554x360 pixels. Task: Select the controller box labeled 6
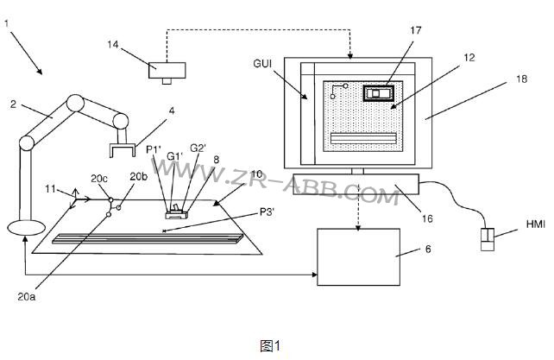pyautogui.click(x=359, y=256)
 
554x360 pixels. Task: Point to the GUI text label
pyautogui.click(x=265, y=64)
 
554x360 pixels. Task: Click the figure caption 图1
pyautogui.click(x=270, y=345)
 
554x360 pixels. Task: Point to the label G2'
pyautogui.click(x=198, y=148)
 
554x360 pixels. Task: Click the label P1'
pyautogui.click(x=153, y=149)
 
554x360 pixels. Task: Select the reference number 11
pyautogui.click(x=50, y=187)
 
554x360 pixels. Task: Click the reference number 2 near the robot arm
pyautogui.click(x=13, y=105)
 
